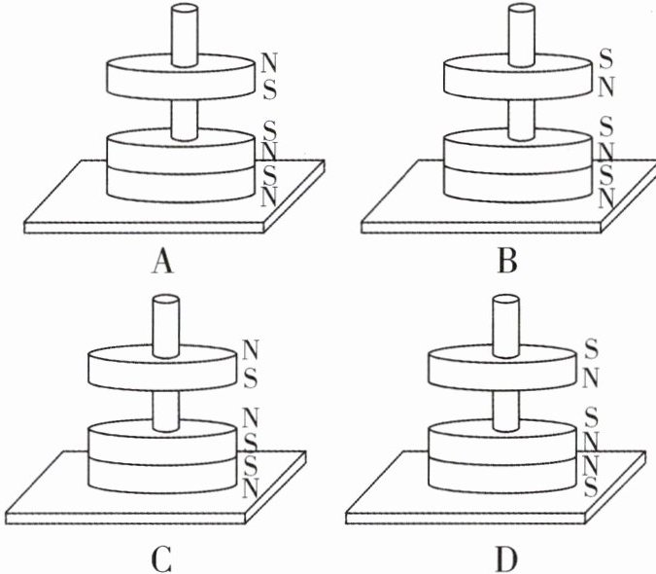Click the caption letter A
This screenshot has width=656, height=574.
162,262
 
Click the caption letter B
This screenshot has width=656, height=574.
507,262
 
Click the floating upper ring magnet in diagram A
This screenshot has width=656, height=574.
181,77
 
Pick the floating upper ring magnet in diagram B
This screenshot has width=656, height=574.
518,77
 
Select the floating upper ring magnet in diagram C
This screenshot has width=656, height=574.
162,367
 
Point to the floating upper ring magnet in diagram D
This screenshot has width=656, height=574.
502,367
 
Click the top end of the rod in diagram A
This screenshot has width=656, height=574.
185,8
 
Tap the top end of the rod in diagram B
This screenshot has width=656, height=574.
521,8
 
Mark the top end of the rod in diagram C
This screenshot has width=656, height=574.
166,300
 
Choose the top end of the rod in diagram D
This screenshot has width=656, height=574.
506,300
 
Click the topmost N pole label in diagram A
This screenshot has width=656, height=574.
268,62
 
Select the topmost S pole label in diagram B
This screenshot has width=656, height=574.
605,59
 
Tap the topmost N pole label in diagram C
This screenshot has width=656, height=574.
251,349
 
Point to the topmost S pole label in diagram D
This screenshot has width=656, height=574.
591,349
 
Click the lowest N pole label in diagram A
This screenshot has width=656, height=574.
268,197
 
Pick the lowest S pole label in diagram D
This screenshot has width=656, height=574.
591,486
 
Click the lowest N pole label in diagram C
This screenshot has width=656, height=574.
250,488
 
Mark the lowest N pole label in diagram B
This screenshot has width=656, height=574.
605,198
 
